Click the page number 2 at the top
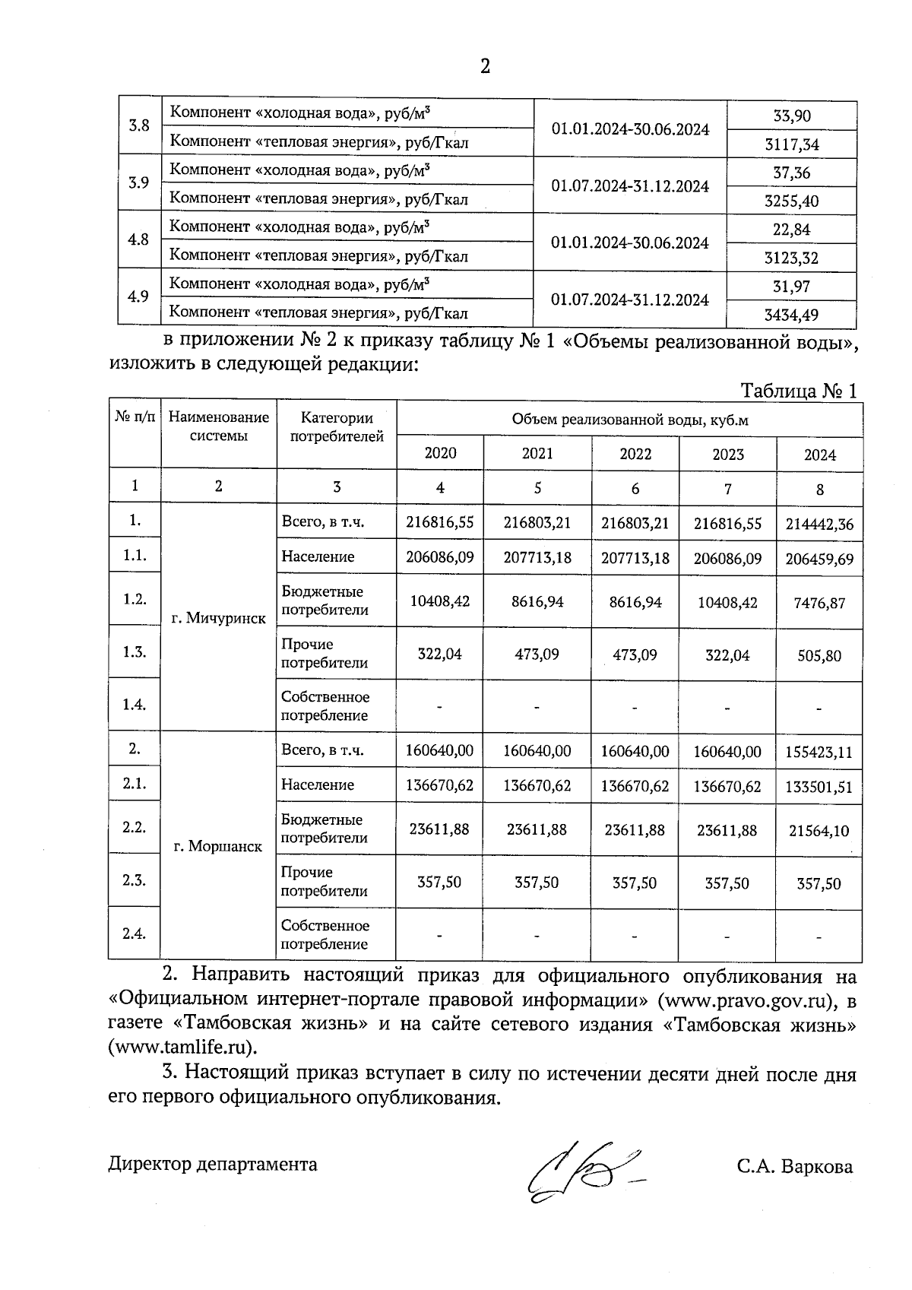pos(485,67)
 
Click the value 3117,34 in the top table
pos(791,144)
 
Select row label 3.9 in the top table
pos(138,182)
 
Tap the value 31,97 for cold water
pos(791,287)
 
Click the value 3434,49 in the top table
pos(791,315)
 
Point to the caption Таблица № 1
pos(799,391)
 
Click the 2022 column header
pos(635,454)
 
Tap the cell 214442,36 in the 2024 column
pos(819,525)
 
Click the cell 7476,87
pos(819,603)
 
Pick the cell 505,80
pos(819,655)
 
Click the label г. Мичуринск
pos(218,618)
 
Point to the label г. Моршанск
pos(217,846)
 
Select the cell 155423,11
pos(819,753)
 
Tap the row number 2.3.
pos(134,880)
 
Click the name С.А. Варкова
pos(793,1166)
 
